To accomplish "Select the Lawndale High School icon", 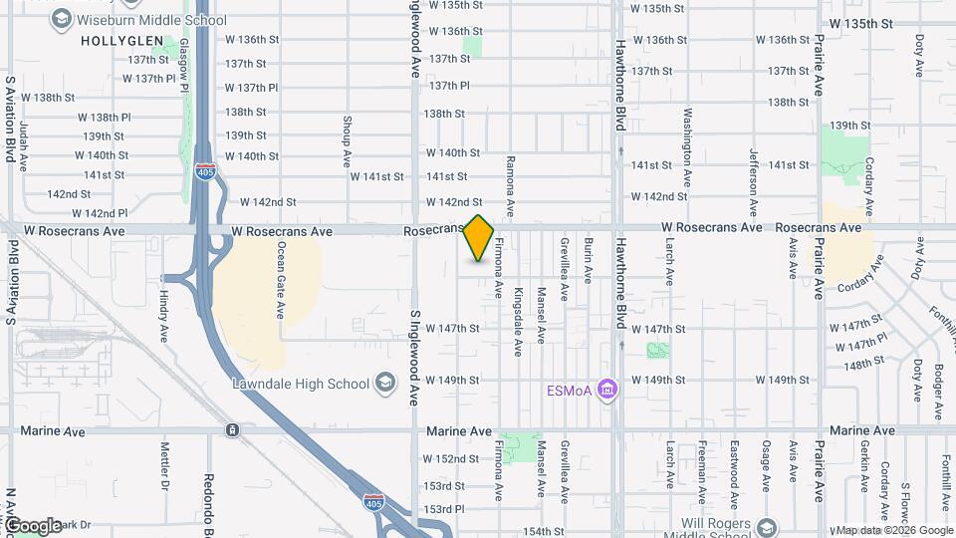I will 385,384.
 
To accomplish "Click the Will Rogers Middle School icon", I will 767,526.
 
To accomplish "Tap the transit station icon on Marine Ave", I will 232,430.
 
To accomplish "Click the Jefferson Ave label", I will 754,175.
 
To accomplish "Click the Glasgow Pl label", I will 185,66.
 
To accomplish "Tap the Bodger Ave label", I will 939,393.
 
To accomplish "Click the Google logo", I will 33,525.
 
